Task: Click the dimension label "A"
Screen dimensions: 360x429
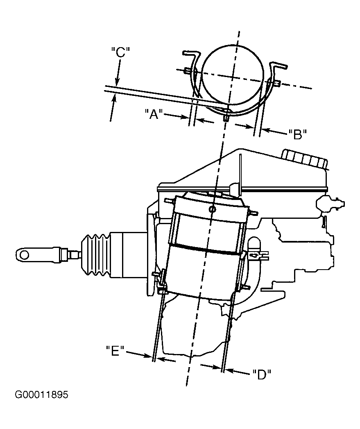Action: [x=154, y=114]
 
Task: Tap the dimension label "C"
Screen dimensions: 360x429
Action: [x=120, y=52]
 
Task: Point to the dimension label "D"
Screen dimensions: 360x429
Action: [x=262, y=375]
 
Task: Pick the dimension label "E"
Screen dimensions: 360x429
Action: [x=115, y=351]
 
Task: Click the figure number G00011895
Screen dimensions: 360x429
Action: [x=41, y=395]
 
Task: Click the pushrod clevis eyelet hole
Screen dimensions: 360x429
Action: [x=25, y=255]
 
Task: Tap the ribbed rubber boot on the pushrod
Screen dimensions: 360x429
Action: [x=95, y=255]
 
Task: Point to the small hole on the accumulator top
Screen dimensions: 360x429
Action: [x=212, y=209]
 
